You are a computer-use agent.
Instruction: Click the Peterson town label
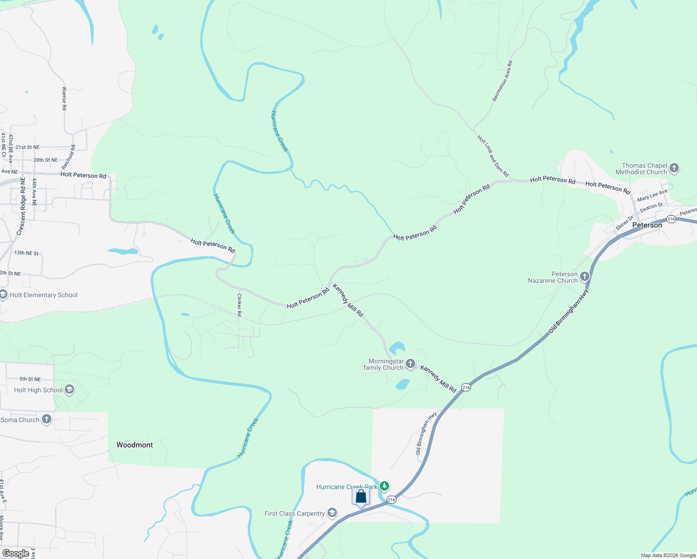point(647,225)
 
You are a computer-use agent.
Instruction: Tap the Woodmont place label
point(135,445)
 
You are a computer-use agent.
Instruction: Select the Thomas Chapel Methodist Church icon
point(674,168)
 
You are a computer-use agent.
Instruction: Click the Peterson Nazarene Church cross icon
point(584,277)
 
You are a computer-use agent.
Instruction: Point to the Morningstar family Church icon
point(410,364)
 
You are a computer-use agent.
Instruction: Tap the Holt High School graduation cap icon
point(69,389)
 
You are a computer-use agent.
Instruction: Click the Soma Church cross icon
point(47,419)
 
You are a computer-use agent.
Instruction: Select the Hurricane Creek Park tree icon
point(384,486)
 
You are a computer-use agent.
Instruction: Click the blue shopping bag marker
point(361,497)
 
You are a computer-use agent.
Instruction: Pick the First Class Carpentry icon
point(332,513)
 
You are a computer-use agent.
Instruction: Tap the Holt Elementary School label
point(43,295)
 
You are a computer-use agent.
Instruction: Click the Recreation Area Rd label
point(502,82)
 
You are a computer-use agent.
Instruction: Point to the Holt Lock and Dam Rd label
point(493,156)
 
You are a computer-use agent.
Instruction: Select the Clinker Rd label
point(239,305)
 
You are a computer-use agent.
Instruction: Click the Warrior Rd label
point(64,98)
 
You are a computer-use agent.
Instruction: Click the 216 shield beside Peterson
point(671,219)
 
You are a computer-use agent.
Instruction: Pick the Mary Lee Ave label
point(652,195)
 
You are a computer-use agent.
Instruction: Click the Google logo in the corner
point(16,553)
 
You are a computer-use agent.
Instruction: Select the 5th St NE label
point(30,379)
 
